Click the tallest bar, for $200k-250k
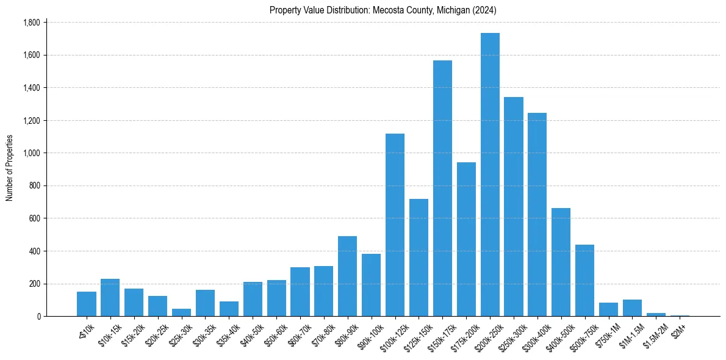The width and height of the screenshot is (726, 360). click(490, 175)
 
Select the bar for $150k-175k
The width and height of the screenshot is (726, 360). click(442, 189)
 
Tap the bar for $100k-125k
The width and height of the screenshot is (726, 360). click(395, 225)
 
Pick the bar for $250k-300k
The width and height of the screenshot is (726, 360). click(514, 207)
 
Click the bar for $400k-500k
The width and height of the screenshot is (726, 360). click(561, 262)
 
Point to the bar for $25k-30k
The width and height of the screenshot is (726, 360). click(181, 312)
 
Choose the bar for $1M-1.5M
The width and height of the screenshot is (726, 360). click(632, 308)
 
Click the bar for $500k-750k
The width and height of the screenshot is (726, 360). click(584, 292)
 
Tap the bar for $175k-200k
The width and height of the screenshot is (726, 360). click(466, 239)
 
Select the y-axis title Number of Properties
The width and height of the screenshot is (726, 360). click(10, 168)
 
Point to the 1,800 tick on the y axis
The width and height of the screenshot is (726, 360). click(31, 23)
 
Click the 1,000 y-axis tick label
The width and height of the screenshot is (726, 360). click(31, 153)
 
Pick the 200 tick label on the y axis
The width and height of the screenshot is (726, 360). click(34, 284)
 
